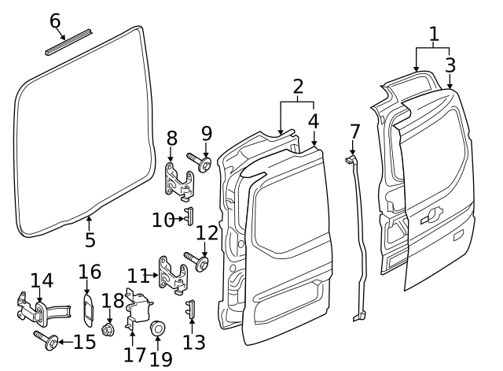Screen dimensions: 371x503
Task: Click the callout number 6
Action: (55, 20)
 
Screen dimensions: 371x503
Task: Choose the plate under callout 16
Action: (88, 308)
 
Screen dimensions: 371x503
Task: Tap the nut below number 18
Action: (109, 328)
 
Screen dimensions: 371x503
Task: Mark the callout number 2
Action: (297, 86)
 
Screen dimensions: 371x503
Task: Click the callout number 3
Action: (450, 65)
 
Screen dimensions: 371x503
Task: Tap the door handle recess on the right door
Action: (431, 216)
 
